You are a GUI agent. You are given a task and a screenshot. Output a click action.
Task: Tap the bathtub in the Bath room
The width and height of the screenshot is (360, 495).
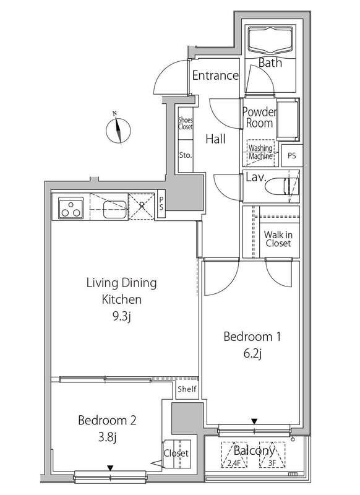(x=270, y=41)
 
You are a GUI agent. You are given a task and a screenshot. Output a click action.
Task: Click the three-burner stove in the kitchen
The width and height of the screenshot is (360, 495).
(x=71, y=208)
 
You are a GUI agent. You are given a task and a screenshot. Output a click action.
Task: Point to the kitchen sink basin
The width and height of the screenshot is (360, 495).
(x=115, y=209)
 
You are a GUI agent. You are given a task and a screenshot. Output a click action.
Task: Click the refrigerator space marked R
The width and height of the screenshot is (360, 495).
(x=142, y=207)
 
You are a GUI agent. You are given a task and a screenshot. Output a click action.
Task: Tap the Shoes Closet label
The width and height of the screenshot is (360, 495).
(x=185, y=123)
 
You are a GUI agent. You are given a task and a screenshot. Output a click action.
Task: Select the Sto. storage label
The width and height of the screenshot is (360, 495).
(x=185, y=155)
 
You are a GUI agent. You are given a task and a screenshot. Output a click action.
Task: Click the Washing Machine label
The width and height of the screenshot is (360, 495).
(x=260, y=152)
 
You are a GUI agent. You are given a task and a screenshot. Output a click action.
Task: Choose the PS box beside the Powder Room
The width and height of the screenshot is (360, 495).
(x=292, y=156)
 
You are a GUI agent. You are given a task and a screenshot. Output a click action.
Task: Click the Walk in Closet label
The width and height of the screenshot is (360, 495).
(x=278, y=239)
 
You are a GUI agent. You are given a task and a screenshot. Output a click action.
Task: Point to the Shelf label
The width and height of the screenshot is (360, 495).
(x=187, y=389)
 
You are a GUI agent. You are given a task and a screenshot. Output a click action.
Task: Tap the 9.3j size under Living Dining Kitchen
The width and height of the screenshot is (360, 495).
(x=121, y=316)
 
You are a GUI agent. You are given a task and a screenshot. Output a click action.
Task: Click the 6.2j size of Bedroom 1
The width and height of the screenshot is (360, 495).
(x=252, y=353)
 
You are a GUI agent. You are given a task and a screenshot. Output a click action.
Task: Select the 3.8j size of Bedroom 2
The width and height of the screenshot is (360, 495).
(x=107, y=437)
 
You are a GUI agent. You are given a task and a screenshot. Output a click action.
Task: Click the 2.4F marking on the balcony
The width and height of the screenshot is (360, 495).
(x=233, y=464)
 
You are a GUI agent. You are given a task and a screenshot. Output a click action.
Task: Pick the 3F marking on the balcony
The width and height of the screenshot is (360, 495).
(x=272, y=464)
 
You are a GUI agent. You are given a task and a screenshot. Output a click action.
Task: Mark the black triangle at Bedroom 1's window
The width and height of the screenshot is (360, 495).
(x=254, y=421)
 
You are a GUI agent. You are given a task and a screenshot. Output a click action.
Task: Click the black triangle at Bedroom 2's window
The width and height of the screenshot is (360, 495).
(x=110, y=468)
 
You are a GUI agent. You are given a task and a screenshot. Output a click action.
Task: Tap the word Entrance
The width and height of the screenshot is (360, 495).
(x=215, y=75)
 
